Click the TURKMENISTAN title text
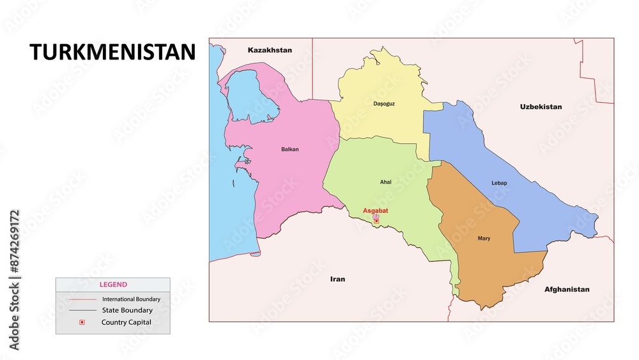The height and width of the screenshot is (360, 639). (x=112, y=52)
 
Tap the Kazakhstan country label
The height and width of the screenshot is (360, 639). (x=270, y=50)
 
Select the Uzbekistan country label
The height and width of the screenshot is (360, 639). (x=541, y=107)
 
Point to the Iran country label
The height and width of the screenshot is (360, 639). (x=337, y=279)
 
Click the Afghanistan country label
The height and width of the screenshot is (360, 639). (x=567, y=289)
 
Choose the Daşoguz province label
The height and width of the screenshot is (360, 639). (x=384, y=104)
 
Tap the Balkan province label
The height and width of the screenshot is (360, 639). (x=289, y=150)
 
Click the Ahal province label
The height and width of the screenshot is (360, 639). (x=386, y=182)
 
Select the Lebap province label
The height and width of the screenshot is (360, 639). (x=499, y=183)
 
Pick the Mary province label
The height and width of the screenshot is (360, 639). (x=484, y=239)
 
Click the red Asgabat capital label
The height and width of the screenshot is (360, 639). (x=376, y=210)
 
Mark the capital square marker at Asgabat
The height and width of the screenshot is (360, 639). (x=376, y=221)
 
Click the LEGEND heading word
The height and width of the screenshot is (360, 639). (x=112, y=285)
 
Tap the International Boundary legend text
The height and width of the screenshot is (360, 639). (x=131, y=299)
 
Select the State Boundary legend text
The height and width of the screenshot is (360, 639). (x=127, y=310)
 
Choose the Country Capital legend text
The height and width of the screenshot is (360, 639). (x=127, y=322)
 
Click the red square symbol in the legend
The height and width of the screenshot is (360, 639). (x=82, y=322)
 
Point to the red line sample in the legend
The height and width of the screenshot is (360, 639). (x=82, y=299)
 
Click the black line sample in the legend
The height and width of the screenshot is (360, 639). (x=82, y=310)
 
